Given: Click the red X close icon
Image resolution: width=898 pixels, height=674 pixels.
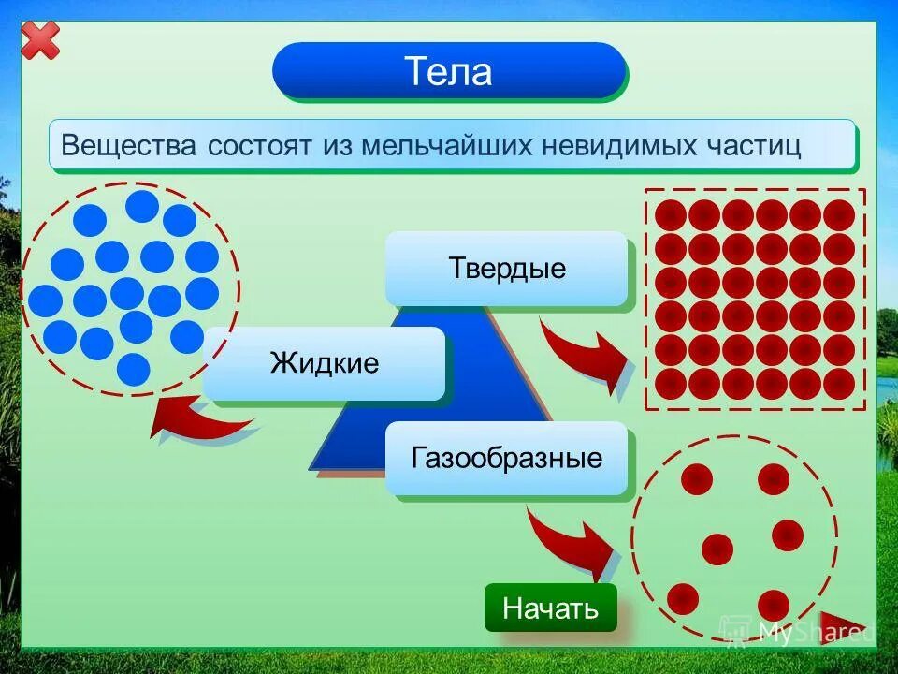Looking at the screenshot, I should point(39,39).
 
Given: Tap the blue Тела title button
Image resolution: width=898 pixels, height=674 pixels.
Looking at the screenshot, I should point(448,71).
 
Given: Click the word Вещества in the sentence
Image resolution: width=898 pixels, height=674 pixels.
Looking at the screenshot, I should point(129,146).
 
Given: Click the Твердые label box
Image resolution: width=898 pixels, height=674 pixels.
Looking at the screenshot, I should point(507,269).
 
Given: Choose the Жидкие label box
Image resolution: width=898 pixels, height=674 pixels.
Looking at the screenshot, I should point(325,363).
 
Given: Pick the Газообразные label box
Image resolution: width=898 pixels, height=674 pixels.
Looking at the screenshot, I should point(507,459).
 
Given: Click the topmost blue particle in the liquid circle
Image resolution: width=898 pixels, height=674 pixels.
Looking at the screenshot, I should point(142,206).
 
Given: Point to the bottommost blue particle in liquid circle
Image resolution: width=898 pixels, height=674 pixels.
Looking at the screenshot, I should point(134,369).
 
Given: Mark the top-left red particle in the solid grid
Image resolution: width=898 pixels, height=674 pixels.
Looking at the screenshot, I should point(671,215).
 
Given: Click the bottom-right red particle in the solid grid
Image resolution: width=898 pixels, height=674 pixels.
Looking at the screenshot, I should point(839,383).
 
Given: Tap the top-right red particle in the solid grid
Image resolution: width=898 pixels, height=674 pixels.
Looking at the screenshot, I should point(839,215).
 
